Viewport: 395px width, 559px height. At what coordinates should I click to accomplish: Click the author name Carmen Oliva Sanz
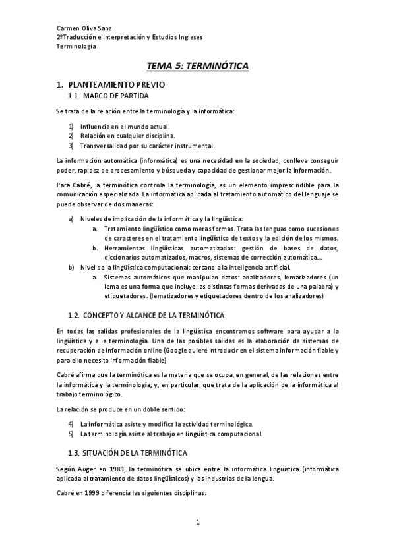pos(83,29)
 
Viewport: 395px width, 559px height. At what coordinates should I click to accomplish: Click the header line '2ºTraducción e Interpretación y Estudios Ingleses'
pos(129,38)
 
